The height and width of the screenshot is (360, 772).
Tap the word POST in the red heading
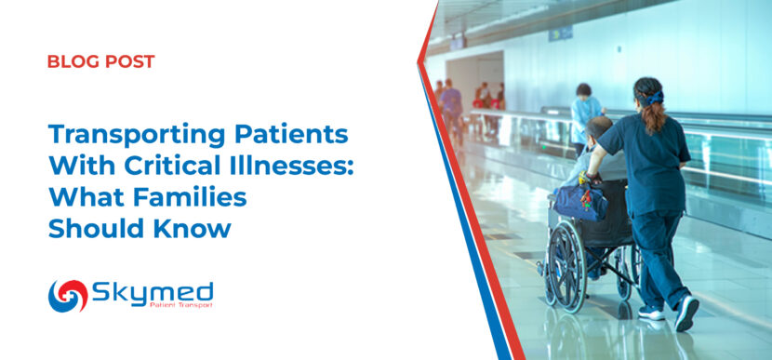tap(130, 61)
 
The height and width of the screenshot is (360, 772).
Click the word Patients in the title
tap(290, 135)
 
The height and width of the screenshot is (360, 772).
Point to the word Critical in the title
tap(179, 166)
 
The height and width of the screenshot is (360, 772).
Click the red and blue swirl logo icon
tap(68, 296)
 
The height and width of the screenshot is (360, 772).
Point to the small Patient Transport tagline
tap(181, 305)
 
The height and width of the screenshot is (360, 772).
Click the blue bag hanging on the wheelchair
tap(580, 201)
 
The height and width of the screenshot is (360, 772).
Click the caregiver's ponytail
tap(654, 114)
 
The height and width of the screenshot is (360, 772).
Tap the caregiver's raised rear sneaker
tap(686, 313)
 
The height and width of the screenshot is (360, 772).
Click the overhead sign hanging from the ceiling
tap(561, 34)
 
